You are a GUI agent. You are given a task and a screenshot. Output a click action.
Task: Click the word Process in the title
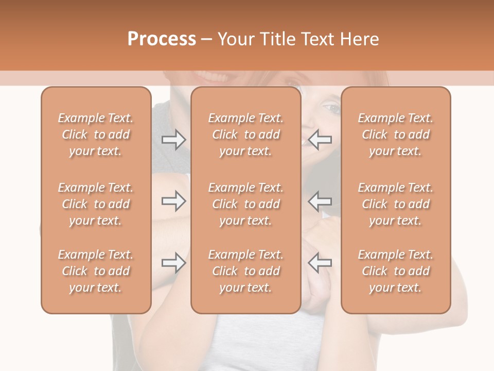[x=162, y=39]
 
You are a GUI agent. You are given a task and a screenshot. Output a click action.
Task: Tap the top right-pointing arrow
[x=173, y=140]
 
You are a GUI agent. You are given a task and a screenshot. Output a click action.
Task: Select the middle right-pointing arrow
[x=173, y=201]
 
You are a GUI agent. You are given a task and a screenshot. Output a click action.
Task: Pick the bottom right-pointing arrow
[x=173, y=263]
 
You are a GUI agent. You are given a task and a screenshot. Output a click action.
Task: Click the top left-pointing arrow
[x=320, y=140]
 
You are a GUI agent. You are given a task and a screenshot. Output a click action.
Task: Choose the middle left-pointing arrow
[x=320, y=201]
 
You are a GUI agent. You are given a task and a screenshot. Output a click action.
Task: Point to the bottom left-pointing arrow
[x=320, y=263]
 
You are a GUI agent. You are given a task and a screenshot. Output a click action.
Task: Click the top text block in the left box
[x=96, y=134]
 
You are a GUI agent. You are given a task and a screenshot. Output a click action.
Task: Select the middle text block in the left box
[x=96, y=204]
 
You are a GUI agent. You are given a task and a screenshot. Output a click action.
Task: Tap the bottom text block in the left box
[x=96, y=271]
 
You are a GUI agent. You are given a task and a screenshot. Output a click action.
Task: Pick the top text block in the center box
[x=246, y=134]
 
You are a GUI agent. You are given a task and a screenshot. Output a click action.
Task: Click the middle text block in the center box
[x=246, y=204]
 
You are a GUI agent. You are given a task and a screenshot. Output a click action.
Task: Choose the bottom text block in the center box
[x=246, y=271]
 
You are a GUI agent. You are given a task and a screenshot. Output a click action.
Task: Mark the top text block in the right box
[x=396, y=134]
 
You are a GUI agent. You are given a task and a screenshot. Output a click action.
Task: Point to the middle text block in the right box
[x=396, y=204]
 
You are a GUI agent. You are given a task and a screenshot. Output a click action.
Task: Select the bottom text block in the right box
[x=396, y=271]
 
